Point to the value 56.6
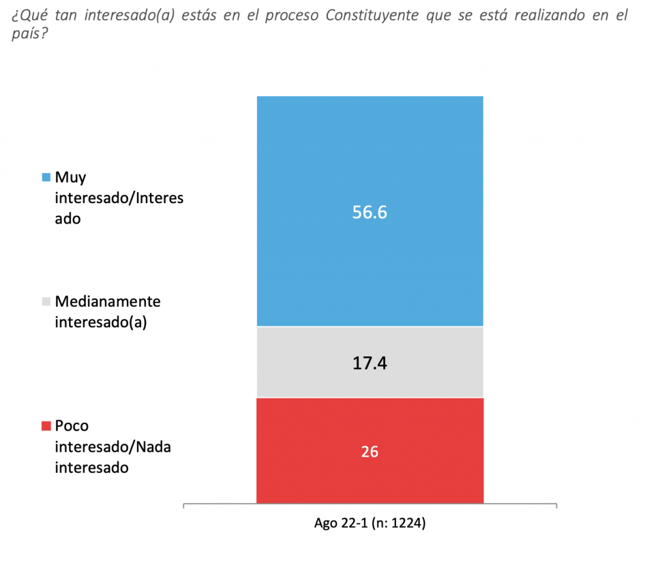point(370,213)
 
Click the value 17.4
point(370,364)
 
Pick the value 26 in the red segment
point(370,452)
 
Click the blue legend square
point(45,177)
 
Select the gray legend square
point(45,301)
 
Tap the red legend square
point(45,426)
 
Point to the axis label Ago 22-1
point(340,523)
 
